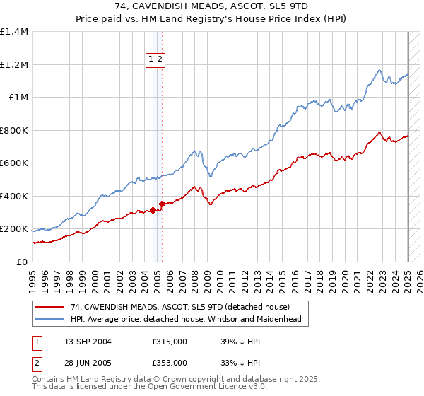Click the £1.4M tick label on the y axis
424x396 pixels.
coord(14,32)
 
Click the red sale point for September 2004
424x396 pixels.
coord(153,210)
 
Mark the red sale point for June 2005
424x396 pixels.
coord(162,204)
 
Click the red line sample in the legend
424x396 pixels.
coord(51,307)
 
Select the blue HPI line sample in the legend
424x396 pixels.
coord(51,319)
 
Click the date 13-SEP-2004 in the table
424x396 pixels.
coord(88,342)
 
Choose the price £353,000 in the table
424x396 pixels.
coord(169,362)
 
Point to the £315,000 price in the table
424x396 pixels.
coord(169,342)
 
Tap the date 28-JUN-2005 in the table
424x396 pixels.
coord(88,362)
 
